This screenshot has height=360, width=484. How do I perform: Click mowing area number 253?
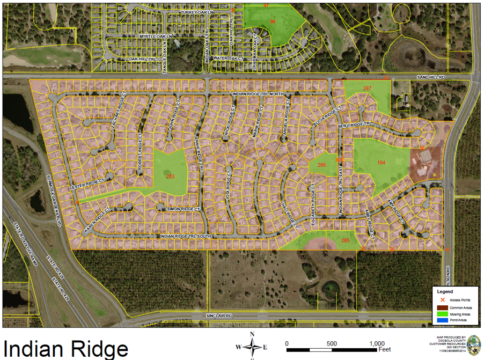[170, 176]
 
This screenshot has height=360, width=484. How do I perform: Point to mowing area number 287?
[368, 88]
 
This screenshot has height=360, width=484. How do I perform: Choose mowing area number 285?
[345, 240]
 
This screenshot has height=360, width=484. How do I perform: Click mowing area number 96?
[273, 21]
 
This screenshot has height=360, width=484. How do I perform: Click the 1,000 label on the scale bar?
[377, 344]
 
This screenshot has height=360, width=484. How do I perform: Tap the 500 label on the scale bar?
[332, 344]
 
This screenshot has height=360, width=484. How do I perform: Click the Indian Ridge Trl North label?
[258, 94]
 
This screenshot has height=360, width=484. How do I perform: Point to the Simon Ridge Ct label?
[183, 208]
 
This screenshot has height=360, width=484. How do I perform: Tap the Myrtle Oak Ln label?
[156, 36]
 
